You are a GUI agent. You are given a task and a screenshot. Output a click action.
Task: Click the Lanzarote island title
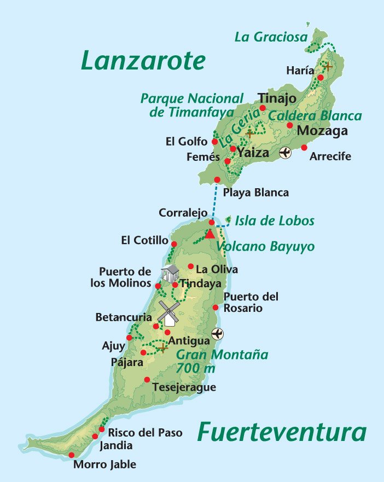coord(143,60)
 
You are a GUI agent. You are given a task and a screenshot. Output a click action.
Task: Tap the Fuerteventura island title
coord(282,432)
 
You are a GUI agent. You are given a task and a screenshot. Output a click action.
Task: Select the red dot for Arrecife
coord(304,147)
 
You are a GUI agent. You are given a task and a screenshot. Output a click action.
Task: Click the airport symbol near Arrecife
coord(285,153)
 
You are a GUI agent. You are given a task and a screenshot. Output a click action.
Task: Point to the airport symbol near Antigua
coord(218,334)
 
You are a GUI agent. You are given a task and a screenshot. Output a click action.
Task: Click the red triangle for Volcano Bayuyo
coord(210,234)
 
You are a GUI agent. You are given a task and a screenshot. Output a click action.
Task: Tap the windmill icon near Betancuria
coord(168,313)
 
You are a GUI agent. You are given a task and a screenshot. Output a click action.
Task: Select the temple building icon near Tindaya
coord(170,272)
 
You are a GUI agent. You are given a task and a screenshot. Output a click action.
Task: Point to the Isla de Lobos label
coord(275,221)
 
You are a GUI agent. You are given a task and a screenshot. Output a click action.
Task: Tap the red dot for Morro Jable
coord(71,455)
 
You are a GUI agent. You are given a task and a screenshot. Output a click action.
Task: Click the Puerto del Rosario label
coord(251,303)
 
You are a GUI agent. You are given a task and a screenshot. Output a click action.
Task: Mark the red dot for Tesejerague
coord(147,380)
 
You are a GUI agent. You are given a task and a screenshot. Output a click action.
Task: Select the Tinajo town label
coord(277,98)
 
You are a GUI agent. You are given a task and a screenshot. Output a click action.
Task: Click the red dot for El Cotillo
coord(174,244)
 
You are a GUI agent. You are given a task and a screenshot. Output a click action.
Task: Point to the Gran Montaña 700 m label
coord(222,361)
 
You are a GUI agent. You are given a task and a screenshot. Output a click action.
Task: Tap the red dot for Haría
coord(321,78)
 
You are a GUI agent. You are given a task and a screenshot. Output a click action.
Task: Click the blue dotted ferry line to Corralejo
coord(214,202)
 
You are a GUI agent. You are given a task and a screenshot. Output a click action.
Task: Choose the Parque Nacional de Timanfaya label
coord(191,105)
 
